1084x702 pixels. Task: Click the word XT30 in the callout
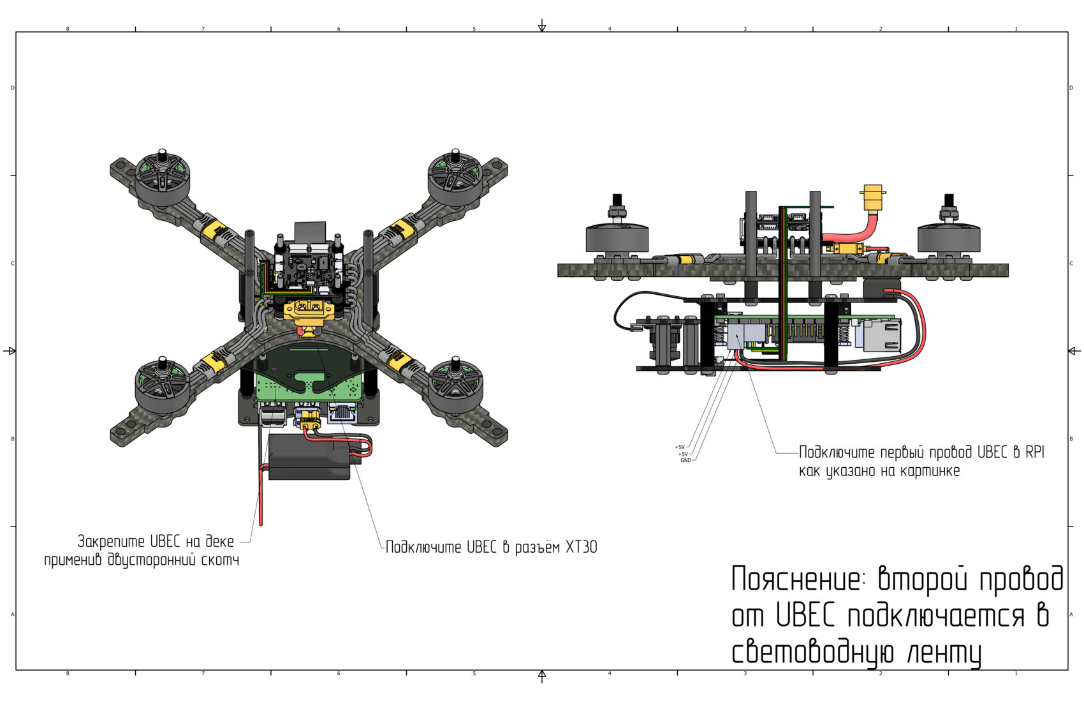[x=581, y=548]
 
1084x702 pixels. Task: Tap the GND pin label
[x=685, y=460]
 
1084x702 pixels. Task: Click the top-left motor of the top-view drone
[x=163, y=177]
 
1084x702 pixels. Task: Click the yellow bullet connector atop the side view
[x=872, y=197]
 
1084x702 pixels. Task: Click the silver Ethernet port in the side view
[x=882, y=336]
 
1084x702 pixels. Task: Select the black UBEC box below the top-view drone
[x=310, y=456]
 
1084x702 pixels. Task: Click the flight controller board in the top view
[x=309, y=268]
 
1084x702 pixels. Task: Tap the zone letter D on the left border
[x=13, y=88]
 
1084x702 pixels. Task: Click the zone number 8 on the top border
[x=68, y=29]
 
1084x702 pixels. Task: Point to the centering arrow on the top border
[x=542, y=26]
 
